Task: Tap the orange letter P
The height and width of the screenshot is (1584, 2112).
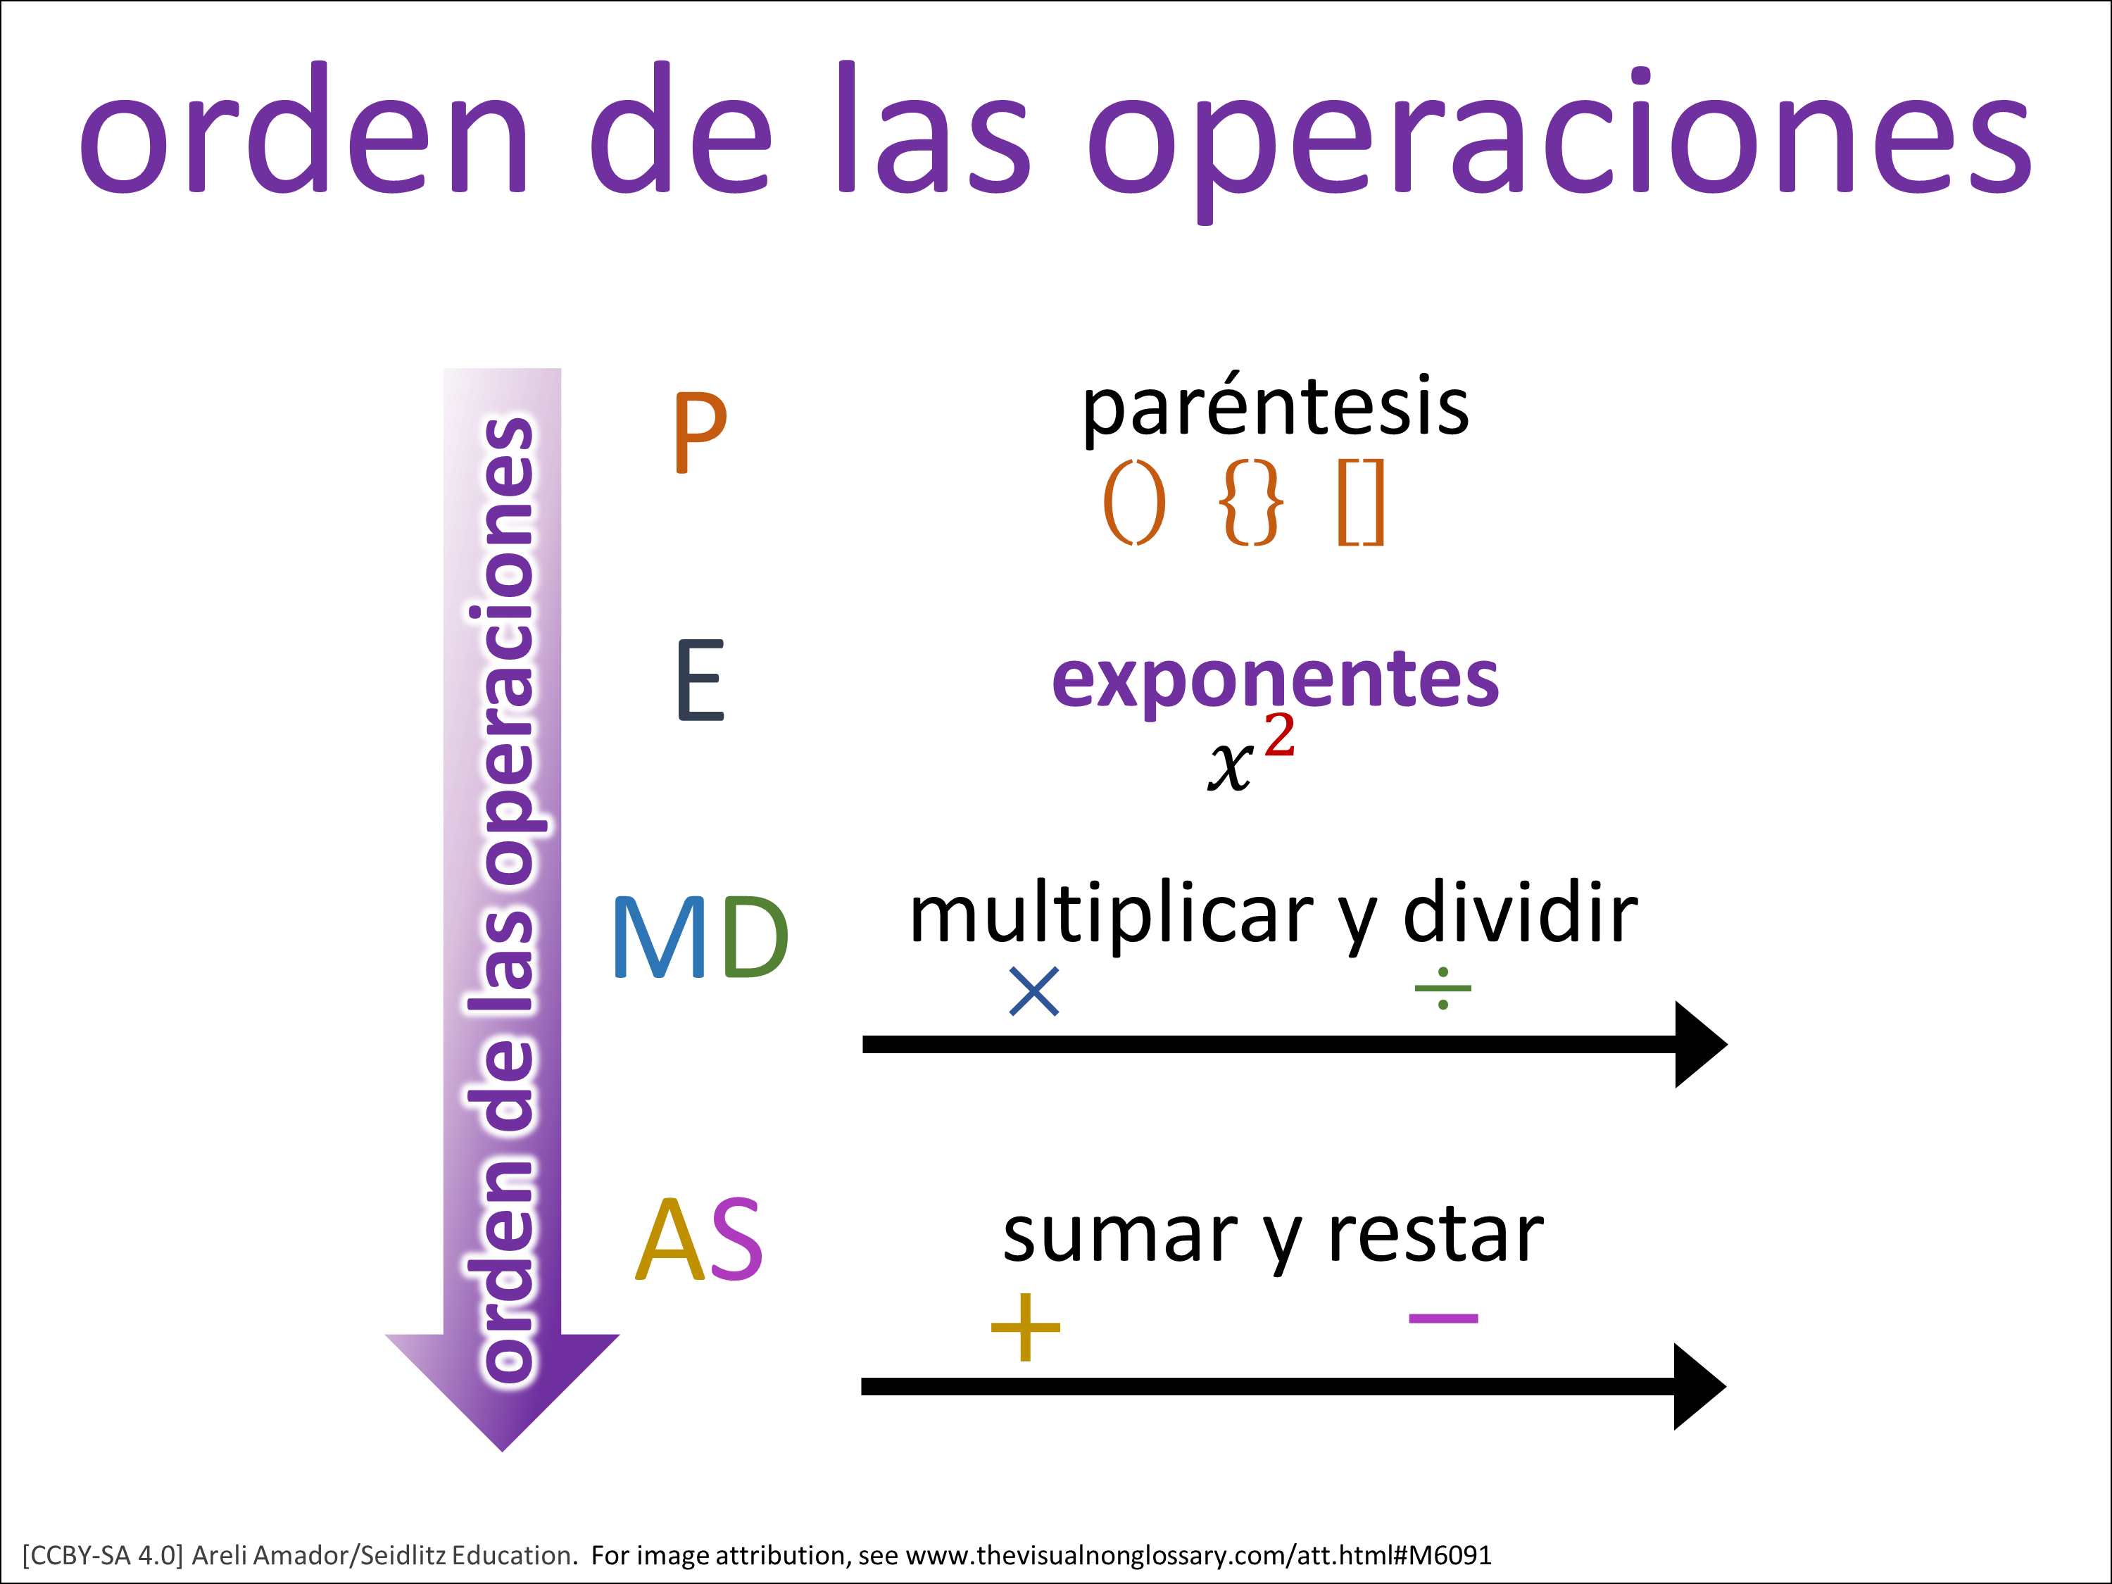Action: (700, 432)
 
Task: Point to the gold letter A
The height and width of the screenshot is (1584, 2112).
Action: (670, 1238)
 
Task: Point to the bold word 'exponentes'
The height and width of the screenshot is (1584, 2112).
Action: (1276, 681)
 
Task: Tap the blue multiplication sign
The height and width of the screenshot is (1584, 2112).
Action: (1034, 991)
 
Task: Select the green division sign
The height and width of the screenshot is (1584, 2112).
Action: (1442, 988)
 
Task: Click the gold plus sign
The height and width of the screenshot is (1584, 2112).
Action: (1026, 1327)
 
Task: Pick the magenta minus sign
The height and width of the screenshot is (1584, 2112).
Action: (1444, 1319)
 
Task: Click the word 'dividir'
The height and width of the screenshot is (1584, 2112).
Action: (1520, 914)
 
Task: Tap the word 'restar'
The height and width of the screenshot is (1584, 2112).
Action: (1436, 1236)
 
